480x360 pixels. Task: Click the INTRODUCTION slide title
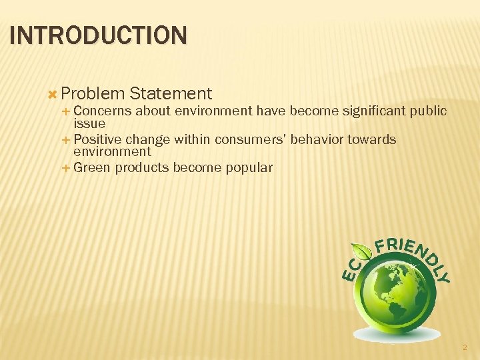click(x=99, y=35)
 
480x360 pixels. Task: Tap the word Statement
click(x=171, y=94)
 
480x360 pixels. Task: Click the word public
click(x=428, y=111)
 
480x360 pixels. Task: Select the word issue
click(x=89, y=123)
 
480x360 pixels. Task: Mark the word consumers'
click(x=249, y=140)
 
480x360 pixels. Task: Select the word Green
click(x=92, y=168)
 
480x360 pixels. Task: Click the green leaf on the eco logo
click(x=362, y=252)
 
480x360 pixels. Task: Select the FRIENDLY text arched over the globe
click(x=413, y=253)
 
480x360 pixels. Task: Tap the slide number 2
click(x=465, y=347)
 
